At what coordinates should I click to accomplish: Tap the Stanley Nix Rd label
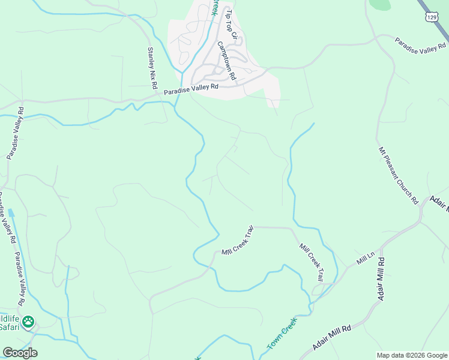(152, 67)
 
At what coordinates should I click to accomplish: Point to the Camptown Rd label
(227, 61)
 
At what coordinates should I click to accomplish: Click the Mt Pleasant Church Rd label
(397, 175)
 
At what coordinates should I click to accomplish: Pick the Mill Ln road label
(366, 260)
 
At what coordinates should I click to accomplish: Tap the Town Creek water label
(282, 334)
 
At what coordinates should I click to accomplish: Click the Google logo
(20, 353)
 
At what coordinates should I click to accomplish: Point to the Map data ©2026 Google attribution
(412, 355)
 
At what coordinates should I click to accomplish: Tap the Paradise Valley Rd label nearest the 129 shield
(421, 43)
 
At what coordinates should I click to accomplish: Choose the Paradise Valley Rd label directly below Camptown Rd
(191, 89)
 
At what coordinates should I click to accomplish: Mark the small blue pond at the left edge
(11, 212)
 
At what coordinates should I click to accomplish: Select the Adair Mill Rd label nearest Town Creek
(332, 340)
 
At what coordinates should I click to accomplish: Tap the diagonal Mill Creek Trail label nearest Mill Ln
(312, 262)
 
